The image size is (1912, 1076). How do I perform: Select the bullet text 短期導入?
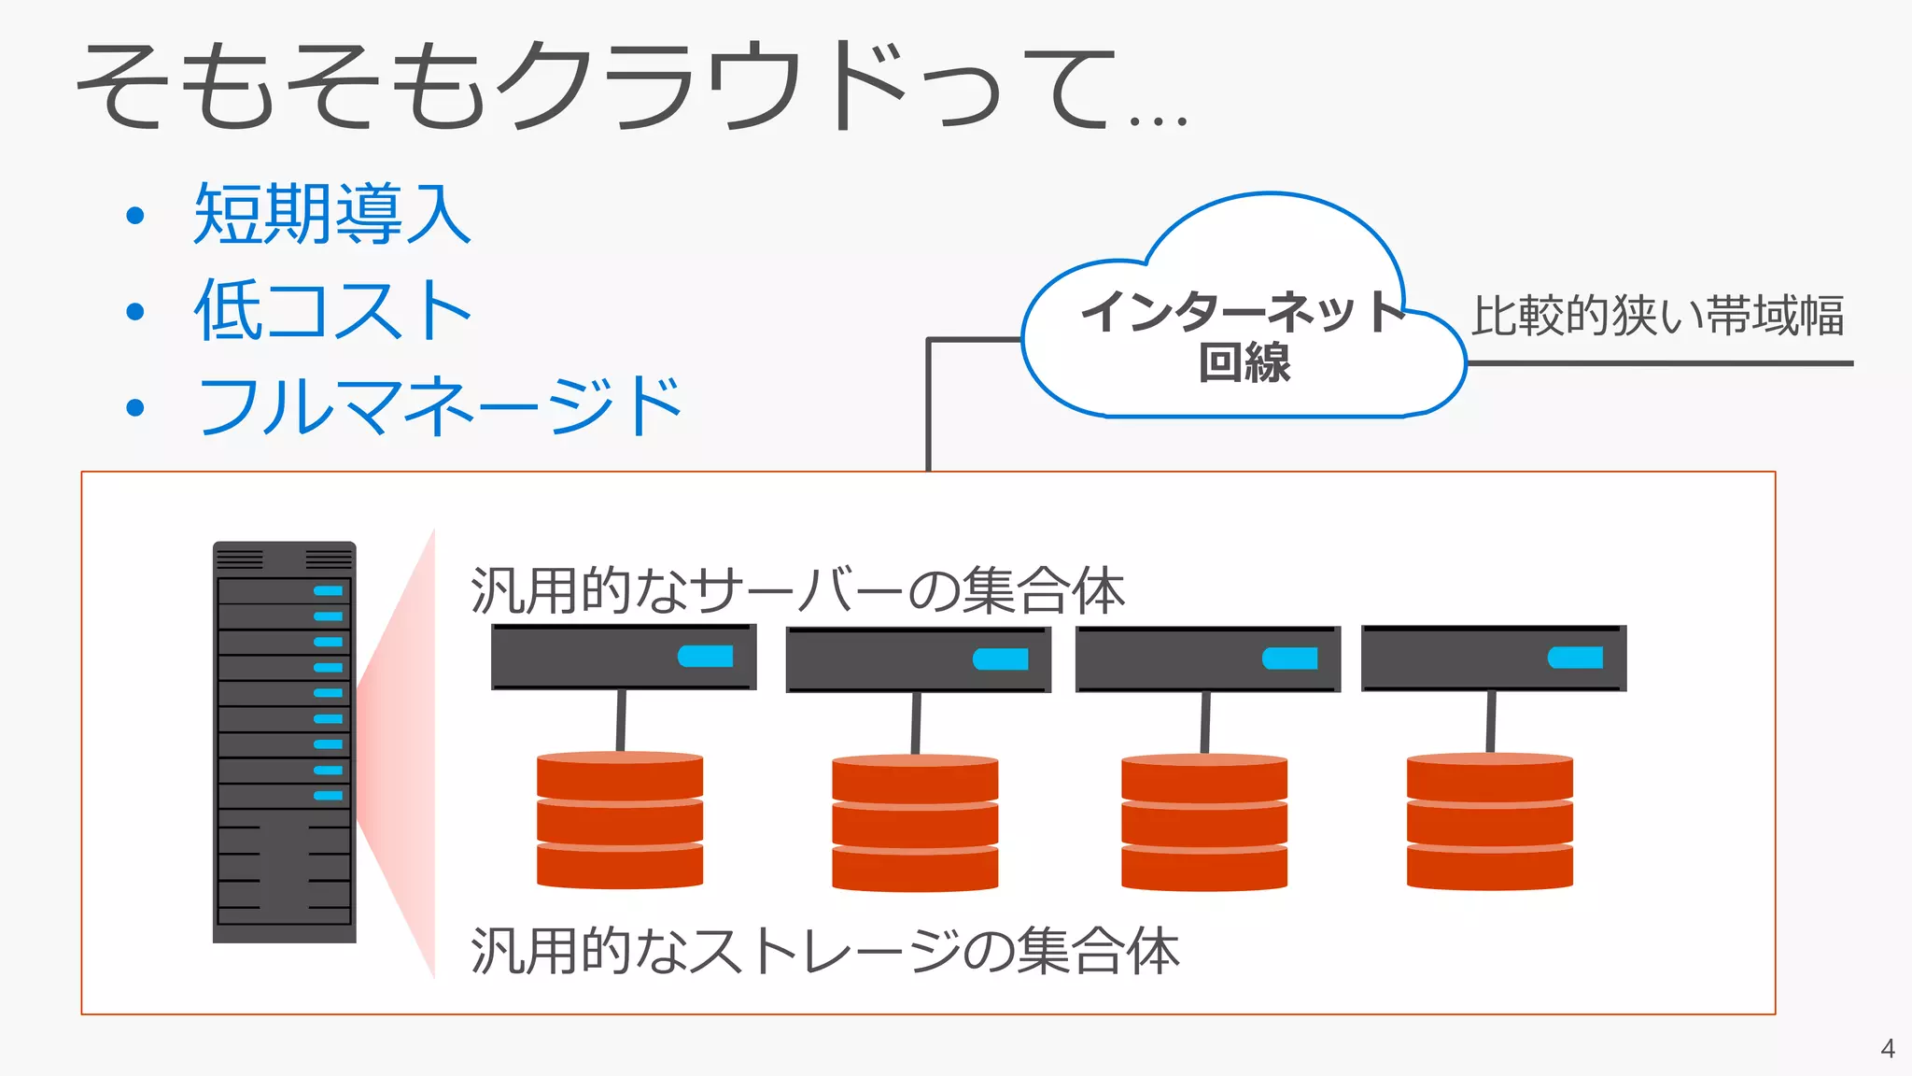(x=331, y=215)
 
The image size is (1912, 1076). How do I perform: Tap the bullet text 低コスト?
(x=331, y=310)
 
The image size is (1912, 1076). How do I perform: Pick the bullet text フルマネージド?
(x=439, y=406)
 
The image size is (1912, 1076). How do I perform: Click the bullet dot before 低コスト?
(x=135, y=311)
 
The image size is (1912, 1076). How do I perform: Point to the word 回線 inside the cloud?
(x=1244, y=363)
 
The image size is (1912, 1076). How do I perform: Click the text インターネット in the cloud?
(x=1242, y=311)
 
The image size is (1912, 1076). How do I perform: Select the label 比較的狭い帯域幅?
(x=1657, y=316)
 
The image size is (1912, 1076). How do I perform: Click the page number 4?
(x=1887, y=1049)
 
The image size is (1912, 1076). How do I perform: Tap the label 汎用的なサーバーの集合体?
(x=798, y=590)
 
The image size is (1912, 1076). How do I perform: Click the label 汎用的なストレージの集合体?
(x=825, y=951)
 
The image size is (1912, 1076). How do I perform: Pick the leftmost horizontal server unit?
(x=623, y=658)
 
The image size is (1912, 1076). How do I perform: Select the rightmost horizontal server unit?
(x=1494, y=658)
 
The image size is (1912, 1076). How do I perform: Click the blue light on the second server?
(x=1001, y=659)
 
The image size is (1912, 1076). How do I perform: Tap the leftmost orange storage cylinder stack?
(x=620, y=820)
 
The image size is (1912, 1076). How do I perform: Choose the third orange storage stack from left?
(x=1204, y=822)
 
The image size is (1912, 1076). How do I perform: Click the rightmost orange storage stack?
(x=1490, y=822)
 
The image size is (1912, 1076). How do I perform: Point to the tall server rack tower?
(x=284, y=742)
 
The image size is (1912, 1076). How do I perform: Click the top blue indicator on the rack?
(x=328, y=590)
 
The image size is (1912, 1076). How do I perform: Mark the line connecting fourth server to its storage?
(x=1491, y=722)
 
